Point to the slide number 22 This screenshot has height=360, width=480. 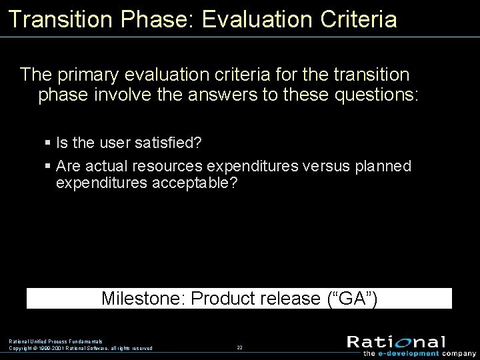point(239,347)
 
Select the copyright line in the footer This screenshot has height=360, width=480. point(80,348)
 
